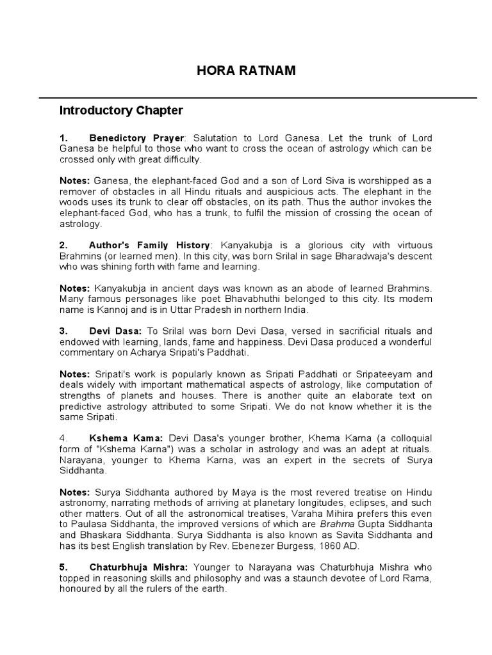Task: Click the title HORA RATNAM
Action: pyautogui.click(x=246, y=71)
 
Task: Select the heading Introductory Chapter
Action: pyautogui.click(x=121, y=111)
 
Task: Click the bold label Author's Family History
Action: pyautogui.click(x=149, y=246)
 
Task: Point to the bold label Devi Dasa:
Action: pyautogui.click(x=117, y=331)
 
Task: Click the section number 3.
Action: pyautogui.click(x=63, y=331)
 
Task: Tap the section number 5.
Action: pyautogui.click(x=63, y=567)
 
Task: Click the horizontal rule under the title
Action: pyautogui.click(x=258, y=98)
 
